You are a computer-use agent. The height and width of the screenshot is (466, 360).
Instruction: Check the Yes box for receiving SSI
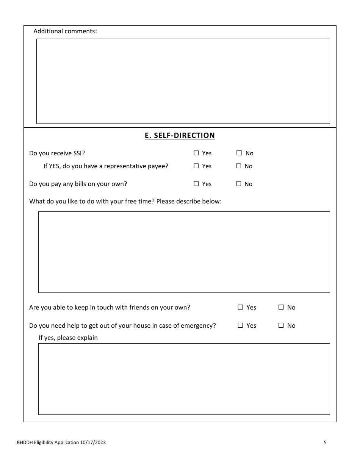(x=196, y=153)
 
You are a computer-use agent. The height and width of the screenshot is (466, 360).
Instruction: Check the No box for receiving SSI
(x=239, y=153)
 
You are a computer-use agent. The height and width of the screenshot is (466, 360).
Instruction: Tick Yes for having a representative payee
(x=196, y=166)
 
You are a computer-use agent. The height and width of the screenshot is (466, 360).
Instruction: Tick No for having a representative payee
(x=239, y=166)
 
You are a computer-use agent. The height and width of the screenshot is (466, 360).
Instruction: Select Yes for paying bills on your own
(x=196, y=184)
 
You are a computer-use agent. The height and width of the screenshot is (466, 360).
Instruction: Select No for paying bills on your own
(x=239, y=184)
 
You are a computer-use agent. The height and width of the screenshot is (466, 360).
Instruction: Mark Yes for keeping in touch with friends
(x=240, y=307)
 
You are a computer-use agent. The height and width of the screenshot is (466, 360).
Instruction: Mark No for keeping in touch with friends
(x=281, y=307)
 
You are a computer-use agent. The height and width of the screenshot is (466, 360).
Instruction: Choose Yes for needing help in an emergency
(x=240, y=325)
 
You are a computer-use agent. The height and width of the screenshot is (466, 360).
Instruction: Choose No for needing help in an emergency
(x=281, y=325)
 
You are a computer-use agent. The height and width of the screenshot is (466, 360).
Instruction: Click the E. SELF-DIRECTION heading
(x=180, y=136)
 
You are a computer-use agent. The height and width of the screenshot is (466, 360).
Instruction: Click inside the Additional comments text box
(x=183, y=81)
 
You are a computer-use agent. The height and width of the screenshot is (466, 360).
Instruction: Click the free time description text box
(x=184, y=252)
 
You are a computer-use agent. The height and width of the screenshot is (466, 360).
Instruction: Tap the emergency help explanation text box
(x=184, y=379)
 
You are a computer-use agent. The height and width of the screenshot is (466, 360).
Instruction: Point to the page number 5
(x=325, y=442)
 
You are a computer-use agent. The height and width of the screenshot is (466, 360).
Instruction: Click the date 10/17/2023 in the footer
(x=93, y=442)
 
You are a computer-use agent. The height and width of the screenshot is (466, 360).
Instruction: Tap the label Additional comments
(x=65, y=31)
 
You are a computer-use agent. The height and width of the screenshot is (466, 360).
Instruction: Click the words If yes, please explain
(x=68, y=338)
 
